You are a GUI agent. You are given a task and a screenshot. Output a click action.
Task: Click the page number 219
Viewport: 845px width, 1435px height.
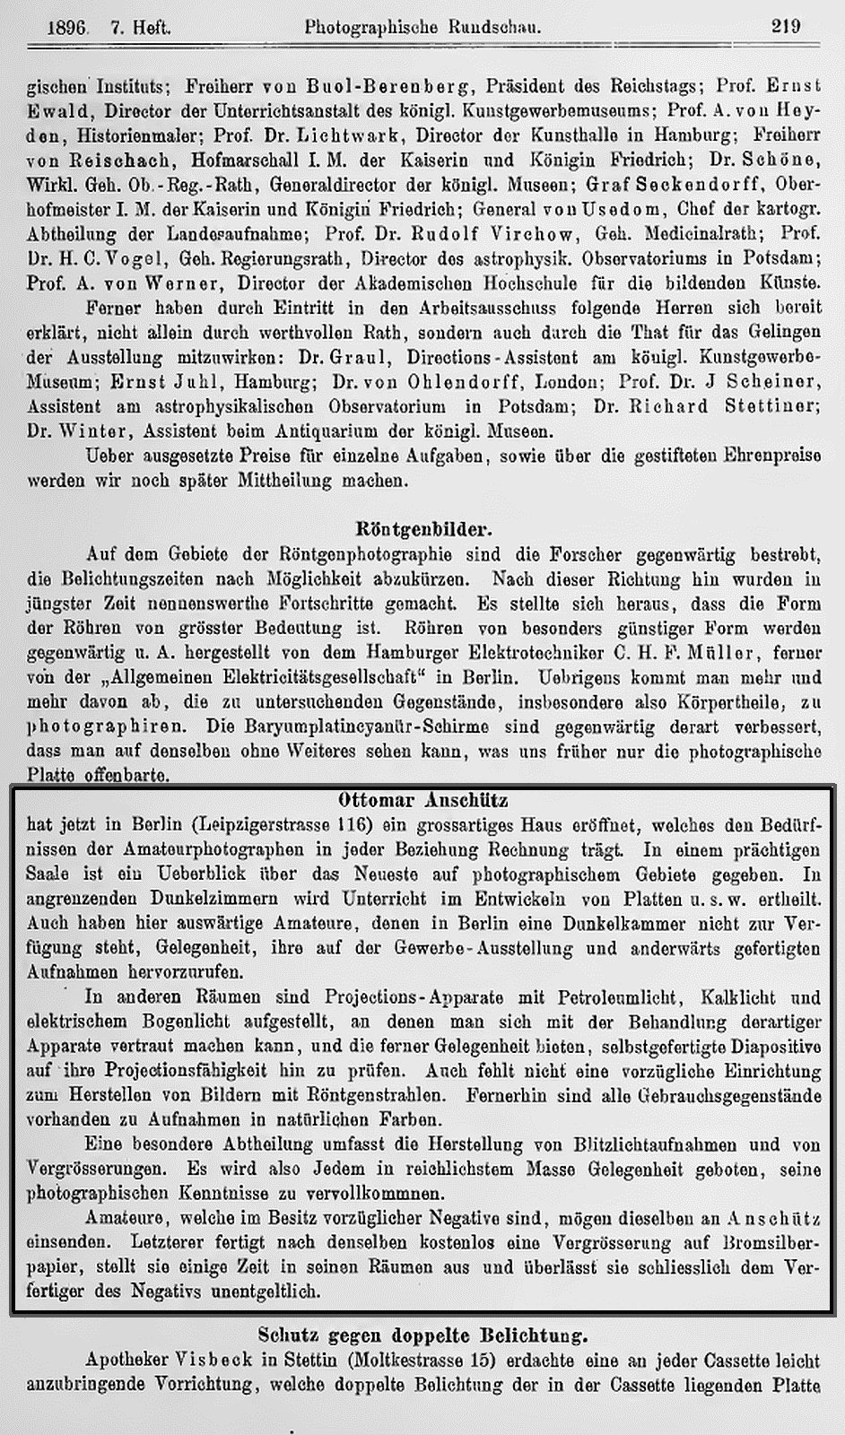[x=785, y=26]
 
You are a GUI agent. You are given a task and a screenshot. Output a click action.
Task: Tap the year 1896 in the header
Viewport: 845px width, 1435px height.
[x=67, y=28]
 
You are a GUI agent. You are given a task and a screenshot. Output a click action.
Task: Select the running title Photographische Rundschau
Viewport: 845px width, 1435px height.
[x=422, y=27]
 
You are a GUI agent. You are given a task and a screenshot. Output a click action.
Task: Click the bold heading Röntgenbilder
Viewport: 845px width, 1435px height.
[x=422, y=526]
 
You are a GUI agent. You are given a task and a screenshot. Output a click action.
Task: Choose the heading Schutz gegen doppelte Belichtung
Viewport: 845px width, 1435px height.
[x=422, y=1335]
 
